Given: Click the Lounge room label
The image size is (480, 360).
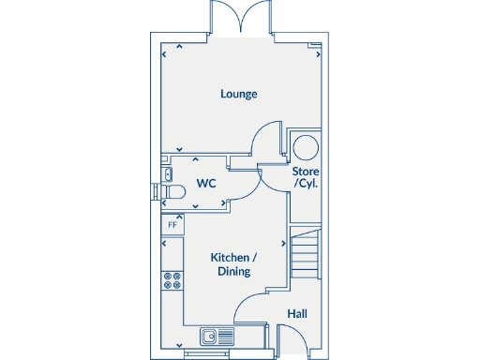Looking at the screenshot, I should coord(239,94).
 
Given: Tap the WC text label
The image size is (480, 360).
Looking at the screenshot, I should coord(206,184).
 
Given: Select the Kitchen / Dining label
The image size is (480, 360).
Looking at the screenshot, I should coord(233,257).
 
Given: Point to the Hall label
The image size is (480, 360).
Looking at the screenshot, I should coord(297,314).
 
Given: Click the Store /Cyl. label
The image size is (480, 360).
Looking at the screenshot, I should coord(306,177).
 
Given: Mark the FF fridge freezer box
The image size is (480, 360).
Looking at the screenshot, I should coord(172,225).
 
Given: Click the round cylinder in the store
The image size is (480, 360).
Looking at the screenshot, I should coord(306,147).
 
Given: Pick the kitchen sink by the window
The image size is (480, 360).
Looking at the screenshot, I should coord(215,335).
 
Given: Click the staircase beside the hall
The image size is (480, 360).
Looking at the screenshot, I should coord(307,253).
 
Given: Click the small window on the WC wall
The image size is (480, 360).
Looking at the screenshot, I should coord(156,191).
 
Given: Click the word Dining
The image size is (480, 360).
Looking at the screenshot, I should coord(233,272).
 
